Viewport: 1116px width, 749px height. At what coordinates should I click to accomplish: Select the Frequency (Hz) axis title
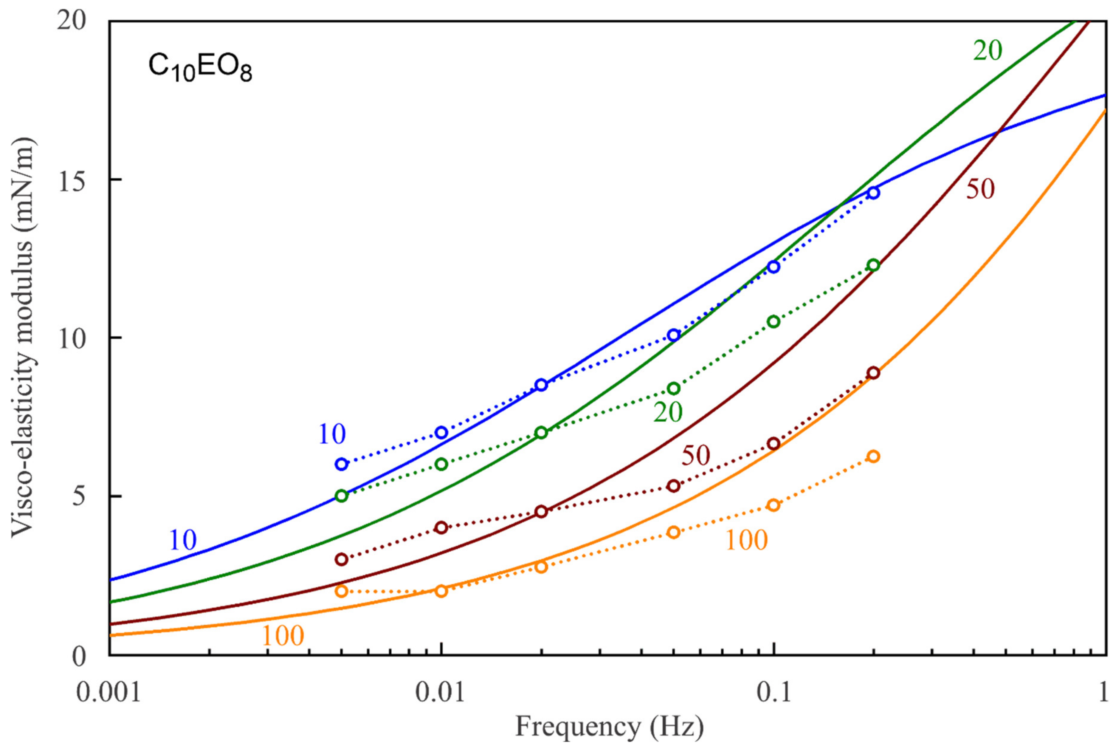(x=609, y=727)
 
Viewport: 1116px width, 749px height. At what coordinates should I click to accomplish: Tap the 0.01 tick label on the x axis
(x=440, y=693)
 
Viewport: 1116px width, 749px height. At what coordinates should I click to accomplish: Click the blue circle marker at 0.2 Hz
(x=873, y=193)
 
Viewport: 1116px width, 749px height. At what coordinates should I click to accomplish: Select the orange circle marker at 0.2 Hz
(x=873, y=456)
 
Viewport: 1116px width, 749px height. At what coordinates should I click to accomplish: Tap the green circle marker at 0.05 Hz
(x=673, y=388)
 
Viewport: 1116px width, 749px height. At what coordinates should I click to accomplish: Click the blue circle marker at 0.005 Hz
(x=341, y=464)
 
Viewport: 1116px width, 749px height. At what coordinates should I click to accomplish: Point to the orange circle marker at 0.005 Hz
(x=341, y=591)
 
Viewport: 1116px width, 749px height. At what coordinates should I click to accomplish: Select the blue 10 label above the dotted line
(x=331, y=434)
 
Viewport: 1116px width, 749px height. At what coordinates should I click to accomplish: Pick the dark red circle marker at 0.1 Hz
(x=773, y=444)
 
